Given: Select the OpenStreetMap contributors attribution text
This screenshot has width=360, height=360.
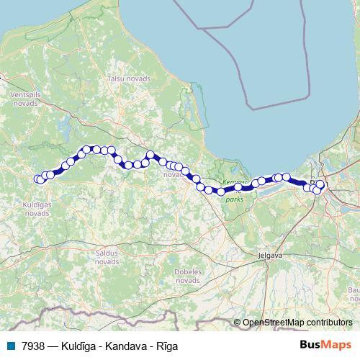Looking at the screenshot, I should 297,323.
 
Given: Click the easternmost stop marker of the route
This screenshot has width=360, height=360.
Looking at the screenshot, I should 320,184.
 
